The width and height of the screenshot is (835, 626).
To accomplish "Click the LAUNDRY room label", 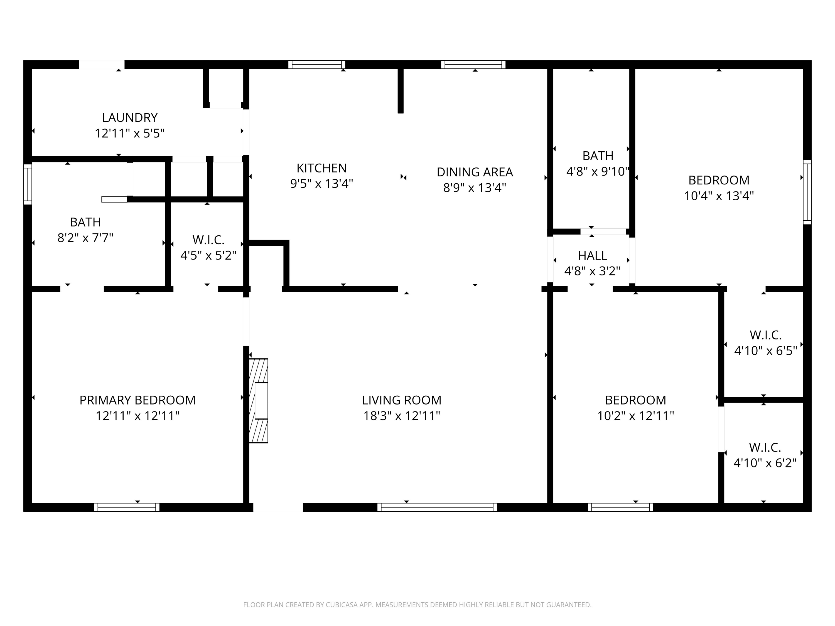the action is coord(129,118).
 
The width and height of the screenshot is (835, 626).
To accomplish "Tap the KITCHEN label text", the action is coord(322,168).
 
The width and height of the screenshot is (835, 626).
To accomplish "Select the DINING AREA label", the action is coord(475,172).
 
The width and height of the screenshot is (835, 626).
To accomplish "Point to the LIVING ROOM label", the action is coord(402,400).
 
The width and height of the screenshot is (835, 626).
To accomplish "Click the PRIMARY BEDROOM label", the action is coord(137,400).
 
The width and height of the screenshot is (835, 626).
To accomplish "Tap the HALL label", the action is coord(592,256).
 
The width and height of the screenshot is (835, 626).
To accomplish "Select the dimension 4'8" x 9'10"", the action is coord(598,172).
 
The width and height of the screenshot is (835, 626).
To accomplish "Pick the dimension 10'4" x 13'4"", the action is coord(719,196).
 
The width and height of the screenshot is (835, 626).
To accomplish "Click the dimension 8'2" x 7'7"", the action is coord(85,238).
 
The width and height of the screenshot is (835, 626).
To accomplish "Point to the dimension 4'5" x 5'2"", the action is coord(208,255).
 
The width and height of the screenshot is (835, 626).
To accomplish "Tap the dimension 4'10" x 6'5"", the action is coord(765,351).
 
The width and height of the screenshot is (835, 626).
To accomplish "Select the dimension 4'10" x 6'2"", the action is coord(765,463).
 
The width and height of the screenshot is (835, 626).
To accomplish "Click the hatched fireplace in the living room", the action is coord(258,400).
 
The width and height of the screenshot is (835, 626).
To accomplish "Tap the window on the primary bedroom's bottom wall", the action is coord(127,507).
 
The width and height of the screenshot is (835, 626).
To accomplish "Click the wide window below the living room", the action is coord(437,507).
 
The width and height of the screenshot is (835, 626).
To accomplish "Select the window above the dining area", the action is coord(473,65).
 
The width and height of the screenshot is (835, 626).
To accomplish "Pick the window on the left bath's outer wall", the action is coord(28,184).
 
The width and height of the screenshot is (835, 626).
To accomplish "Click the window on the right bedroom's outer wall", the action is coord(807,192).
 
